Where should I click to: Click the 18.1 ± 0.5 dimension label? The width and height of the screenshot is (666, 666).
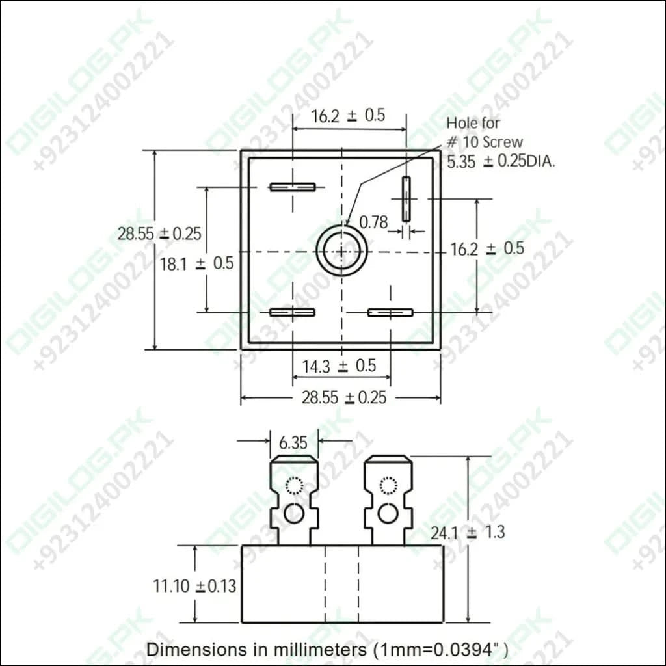tap(196, 263)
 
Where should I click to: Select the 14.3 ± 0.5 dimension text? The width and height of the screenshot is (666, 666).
tap(339, 366)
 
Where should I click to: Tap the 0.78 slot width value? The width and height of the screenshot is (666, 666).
tap(373, 222)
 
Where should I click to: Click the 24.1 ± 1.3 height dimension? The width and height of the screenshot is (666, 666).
tap(467, 532)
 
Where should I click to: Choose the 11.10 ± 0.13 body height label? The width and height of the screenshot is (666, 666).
tap(194, 586)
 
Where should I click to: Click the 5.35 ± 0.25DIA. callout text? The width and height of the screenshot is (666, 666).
tap(501, 162)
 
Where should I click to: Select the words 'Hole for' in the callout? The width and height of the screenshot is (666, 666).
tap(473, 123)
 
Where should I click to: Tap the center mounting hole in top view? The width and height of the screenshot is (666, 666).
tap(341, 251)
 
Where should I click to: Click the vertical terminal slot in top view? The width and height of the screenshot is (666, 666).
tap(406, 199)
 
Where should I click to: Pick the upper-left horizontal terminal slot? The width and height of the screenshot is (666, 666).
tap(292, 187)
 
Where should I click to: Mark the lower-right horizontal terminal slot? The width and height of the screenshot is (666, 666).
tap(390, 312)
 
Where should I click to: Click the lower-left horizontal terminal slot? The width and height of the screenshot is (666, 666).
tap(292, 312)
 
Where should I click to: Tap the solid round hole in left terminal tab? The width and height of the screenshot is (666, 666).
tap(294, 514)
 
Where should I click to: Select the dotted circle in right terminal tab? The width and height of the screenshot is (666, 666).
tap(388, 486)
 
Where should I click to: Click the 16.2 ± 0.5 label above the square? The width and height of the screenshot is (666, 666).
tap(348, 116)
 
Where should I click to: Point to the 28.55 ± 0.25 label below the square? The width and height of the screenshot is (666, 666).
tap(343, 398)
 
